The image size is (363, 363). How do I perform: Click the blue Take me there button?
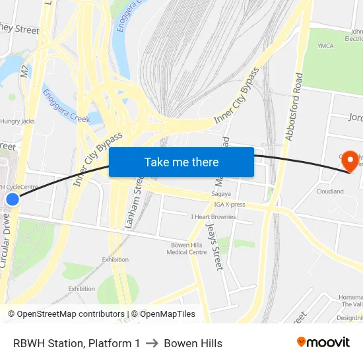(181, 162)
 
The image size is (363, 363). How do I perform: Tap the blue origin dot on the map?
(13, 199)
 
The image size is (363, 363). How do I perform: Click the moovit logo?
(323, 343)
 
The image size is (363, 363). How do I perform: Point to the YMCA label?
(325, 46)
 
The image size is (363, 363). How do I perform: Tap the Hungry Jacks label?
(17, 121)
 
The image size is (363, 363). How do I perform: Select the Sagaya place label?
(221, 195)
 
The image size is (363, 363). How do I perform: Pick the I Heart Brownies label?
(213, 216)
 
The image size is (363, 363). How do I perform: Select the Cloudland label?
(330, 191)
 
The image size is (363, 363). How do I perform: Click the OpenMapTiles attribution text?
(168, 314)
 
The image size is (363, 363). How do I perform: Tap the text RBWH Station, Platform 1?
(77, 343)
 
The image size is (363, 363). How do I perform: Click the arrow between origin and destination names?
(152, 343)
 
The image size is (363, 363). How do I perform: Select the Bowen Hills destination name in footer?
(193, 343)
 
